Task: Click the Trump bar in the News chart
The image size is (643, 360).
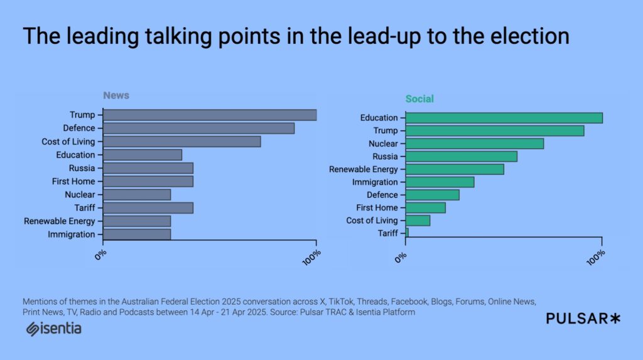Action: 210,115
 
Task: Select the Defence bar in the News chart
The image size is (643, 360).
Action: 198,128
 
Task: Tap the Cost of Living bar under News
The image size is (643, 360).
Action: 181,141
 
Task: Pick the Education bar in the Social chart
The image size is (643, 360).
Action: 504,118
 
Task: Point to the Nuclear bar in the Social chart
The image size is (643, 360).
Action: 475,144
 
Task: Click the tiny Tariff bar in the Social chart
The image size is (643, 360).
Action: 407,233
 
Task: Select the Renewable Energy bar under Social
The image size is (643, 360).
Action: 455,169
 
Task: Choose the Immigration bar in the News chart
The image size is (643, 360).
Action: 136,234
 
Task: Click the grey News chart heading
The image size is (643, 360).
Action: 116,95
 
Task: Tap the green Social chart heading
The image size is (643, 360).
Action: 419,99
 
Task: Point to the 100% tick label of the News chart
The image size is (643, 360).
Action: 311,258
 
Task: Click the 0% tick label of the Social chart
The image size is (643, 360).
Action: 401,258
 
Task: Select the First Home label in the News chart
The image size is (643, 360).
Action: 73,182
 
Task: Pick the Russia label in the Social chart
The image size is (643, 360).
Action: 385,156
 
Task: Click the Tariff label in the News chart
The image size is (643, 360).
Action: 85,208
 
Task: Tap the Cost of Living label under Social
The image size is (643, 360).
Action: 372,221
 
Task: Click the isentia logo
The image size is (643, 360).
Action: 54,329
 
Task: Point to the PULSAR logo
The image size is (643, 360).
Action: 583,319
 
